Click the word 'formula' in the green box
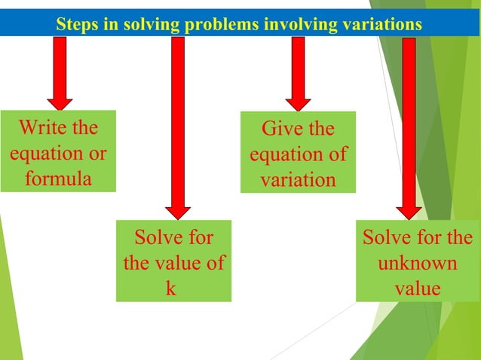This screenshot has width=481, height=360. click(x=58, y=179)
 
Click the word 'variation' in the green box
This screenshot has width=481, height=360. click(x=298, y=180)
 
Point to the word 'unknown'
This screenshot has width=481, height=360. click(x=417, y=264)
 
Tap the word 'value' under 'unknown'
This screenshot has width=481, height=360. click(x=417, y=289)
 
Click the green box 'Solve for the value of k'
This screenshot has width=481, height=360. click(x=173, y=261)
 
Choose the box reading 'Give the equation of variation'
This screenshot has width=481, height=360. click(x=298, y=153)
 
